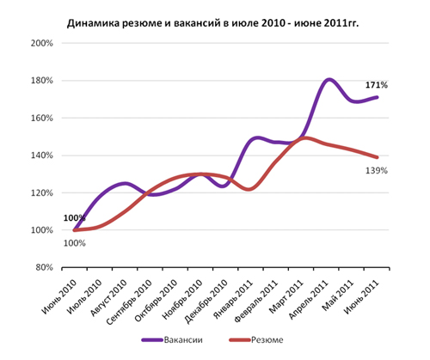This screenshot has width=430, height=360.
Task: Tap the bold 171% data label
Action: pyautogui.click(x=377, y=85)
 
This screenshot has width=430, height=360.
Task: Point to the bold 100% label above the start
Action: pyautogui.click(x=75, y=219)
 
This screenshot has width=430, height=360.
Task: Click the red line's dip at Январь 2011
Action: pyautogui.click(x=248, y=188)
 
